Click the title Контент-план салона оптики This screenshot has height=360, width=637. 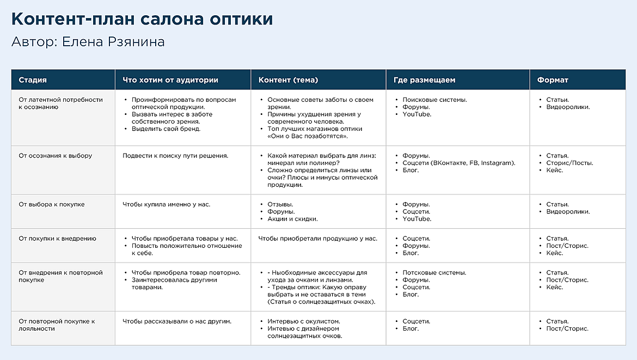point(142,19)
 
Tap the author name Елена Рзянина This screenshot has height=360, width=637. point(113,42)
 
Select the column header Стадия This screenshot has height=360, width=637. point(33,80)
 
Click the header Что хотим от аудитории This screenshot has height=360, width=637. point(170,80)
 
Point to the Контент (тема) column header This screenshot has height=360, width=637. point(288,80)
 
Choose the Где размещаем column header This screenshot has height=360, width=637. point(424,80)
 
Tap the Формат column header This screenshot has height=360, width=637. point(553,80)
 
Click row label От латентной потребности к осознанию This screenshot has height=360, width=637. point(60,103)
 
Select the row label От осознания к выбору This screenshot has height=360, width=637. point(56,156)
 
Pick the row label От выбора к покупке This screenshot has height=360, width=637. point(52,205)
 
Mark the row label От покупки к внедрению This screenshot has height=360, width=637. point(57,239)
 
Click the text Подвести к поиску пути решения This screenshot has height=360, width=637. point(175,156)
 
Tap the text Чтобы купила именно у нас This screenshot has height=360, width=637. point(167,205)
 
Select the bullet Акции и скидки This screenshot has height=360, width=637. point(292,219)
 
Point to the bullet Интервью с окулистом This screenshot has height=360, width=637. point(304,321)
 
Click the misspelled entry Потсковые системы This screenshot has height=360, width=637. point(434,273)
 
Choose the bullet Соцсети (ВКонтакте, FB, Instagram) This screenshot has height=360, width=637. point(458,163)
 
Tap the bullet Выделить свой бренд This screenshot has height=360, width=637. point(166,129)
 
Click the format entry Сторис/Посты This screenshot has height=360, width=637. point(569,163)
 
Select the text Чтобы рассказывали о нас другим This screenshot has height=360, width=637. point(177,321)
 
